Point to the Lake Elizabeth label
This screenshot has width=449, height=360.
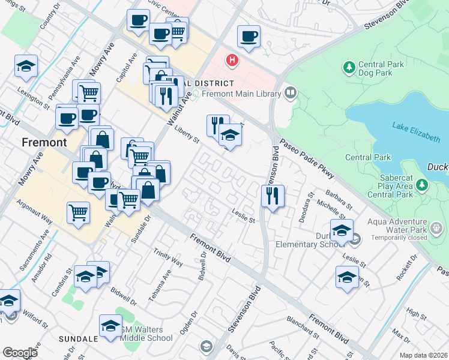[416, 133]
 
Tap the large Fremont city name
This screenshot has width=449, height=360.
[43, 143]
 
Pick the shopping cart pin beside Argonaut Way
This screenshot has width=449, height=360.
[79, 212]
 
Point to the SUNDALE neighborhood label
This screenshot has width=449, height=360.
[78, 339]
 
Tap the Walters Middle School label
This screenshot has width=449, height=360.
[147, 334]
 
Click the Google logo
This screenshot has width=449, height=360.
[20, 352]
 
